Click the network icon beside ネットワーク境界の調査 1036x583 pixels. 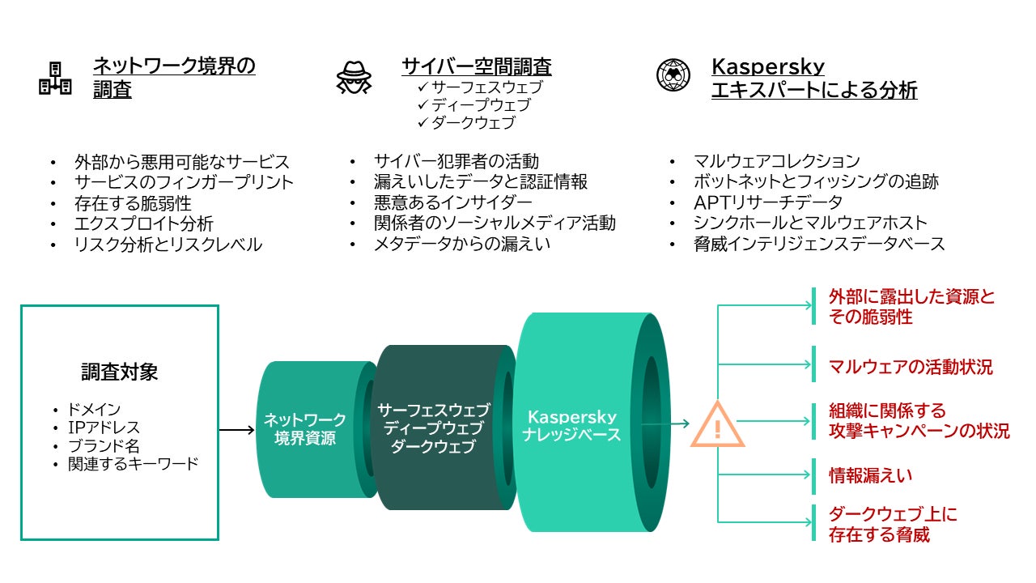[x=55, y=79]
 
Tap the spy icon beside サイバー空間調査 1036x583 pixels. [x=354, y=78]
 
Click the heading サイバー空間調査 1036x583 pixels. [x=476, y=66]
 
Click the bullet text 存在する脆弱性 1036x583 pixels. [x=133, y=202]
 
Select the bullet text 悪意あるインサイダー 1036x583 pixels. [x=452, y=202]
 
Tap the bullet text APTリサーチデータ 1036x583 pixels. [x=767, y=202]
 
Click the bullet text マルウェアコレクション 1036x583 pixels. [x=776, y=161]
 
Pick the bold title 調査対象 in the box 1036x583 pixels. [x=119, y=372]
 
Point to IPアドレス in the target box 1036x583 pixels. [x=104, y=428]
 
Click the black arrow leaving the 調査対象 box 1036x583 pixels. [x=237, y=430]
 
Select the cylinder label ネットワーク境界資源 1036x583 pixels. [x=304, y=429]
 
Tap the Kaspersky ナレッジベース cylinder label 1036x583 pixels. [x=571, y=426]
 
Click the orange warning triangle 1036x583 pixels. [x=716, y=424]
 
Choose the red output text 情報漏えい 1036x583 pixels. [x=870, y=475]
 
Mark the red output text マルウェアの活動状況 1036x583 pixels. [x=911, y=367]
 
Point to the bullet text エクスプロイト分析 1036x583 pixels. [x=143, y=223]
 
